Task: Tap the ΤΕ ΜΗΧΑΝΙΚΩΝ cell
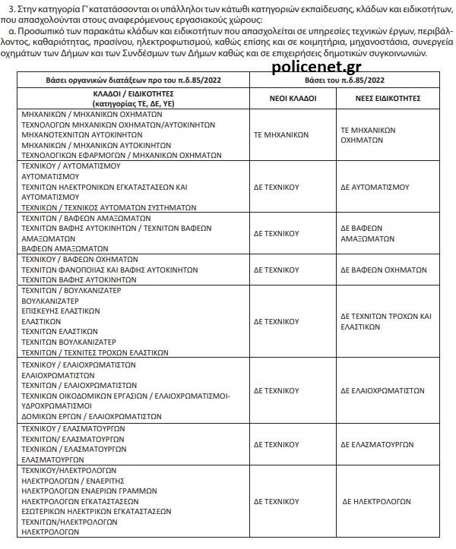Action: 281,134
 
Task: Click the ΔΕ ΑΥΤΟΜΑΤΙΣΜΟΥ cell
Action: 377,185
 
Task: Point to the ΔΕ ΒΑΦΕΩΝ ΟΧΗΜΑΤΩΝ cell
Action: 383,270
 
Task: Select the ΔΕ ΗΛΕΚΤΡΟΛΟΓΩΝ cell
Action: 376,502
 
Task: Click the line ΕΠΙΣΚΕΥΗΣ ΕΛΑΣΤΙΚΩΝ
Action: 61,311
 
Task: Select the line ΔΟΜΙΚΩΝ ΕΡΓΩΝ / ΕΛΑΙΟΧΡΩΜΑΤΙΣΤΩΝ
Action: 84,417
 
